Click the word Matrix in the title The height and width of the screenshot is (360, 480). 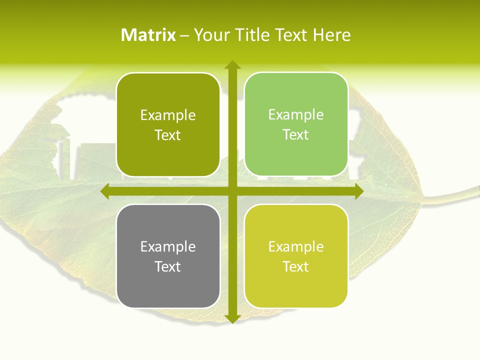tap(148, 35)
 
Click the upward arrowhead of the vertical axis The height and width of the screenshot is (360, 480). tap(232, 64)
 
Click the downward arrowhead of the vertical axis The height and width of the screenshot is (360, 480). tap(232, 319)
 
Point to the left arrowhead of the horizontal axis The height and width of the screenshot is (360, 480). tap(105, 191)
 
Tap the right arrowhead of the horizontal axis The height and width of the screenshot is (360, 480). tap(358, 191)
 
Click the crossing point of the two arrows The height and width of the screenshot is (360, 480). tap(232, 191)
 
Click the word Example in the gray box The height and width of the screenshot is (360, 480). tap(168, 246)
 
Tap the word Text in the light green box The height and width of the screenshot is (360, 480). tap(296, 135)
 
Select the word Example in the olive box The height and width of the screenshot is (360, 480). tap(168, 115)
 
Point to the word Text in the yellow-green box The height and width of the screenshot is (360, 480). tap(296, 266)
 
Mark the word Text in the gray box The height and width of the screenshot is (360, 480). tap(168, 266)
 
